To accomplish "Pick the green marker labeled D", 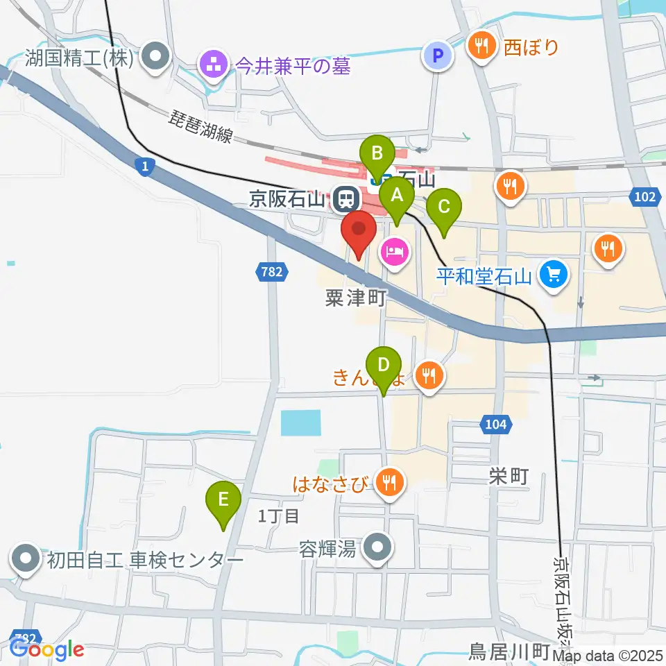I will pos(383,365).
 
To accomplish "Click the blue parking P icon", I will pos(438,55).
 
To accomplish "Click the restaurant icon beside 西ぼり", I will pos(482,46).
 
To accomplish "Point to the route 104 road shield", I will pos(496,423).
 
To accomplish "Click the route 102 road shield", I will pos(644,197).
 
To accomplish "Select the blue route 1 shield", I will pos(144,167).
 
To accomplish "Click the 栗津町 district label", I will pos(355,299).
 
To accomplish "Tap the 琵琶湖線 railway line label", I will pos(202,127).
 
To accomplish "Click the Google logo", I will pos(47,649).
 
